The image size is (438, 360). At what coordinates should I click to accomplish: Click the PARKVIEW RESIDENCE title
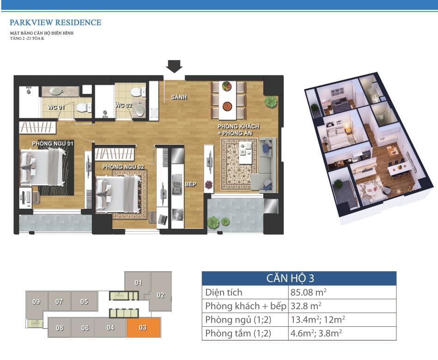[55, 22]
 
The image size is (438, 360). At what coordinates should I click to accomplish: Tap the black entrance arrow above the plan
[174, 67]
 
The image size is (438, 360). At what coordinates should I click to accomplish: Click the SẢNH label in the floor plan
[179, 97]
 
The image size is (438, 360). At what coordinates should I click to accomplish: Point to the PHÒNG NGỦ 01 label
[53, 144]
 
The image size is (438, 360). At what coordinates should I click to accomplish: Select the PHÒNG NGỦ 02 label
[123, 167]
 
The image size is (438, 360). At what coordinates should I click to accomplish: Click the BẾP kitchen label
[190, 184]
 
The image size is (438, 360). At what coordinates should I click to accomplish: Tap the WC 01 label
[56, 107]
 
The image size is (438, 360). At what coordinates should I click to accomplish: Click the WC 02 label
[123, 105]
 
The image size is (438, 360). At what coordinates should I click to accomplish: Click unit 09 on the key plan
[36, 302]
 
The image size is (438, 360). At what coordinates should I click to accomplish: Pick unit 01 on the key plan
[138, 283]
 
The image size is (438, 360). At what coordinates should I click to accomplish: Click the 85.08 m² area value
[309, 293]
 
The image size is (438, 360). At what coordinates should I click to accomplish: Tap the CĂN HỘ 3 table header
[290, 278]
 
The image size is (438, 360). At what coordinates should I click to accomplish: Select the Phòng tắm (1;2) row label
[238, 334]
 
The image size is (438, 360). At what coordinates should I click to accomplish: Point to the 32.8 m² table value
[306, 306]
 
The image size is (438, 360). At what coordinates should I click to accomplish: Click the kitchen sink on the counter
[177, 184]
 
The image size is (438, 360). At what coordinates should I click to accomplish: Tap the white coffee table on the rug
[245, 153]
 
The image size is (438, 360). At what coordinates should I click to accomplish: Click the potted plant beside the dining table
[271, 102]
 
